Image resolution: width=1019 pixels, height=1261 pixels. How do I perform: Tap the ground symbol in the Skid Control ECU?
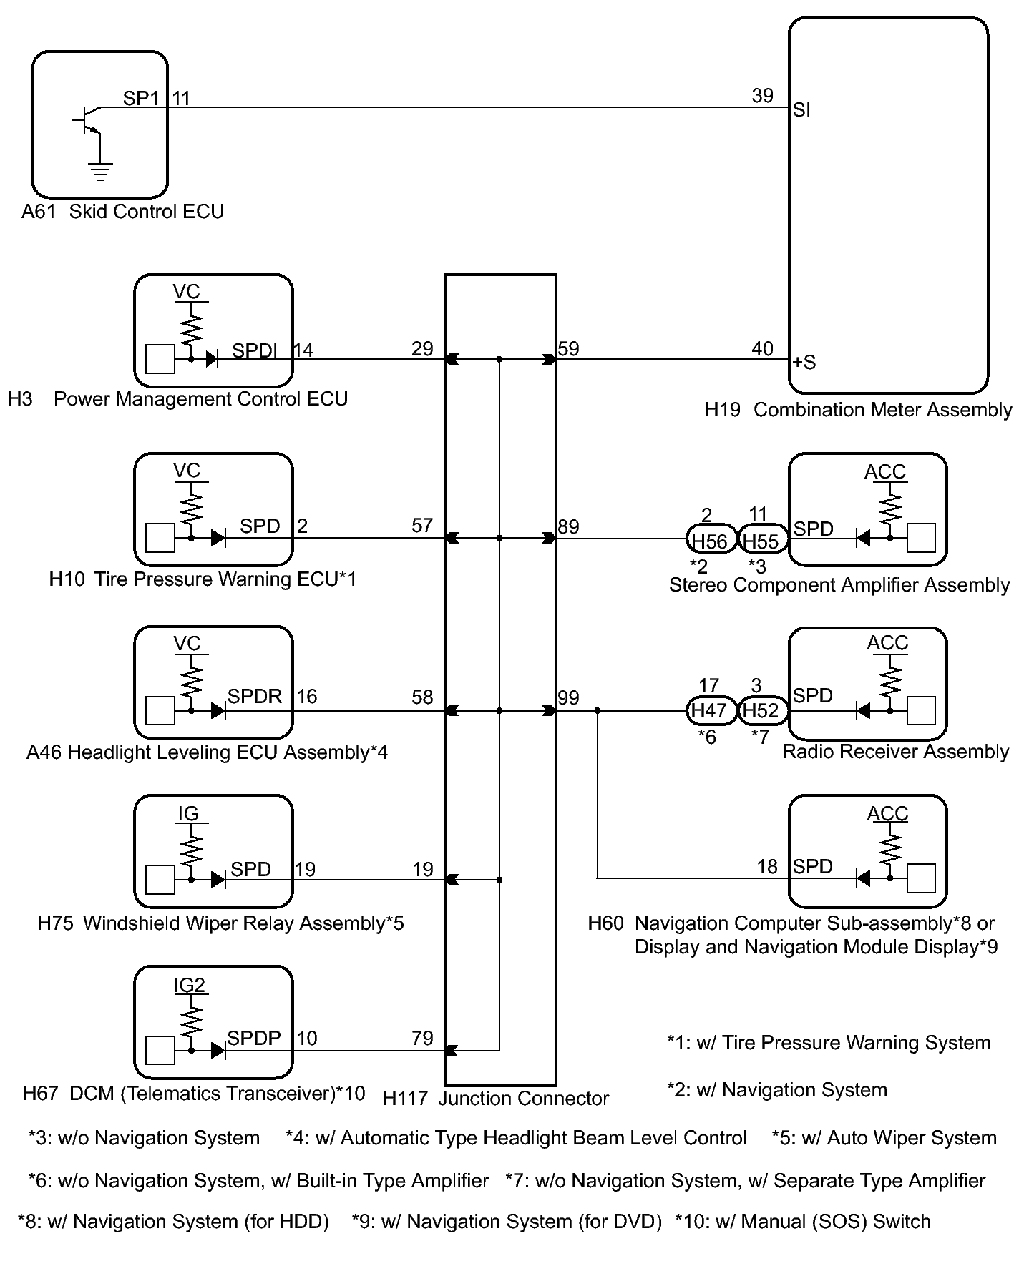(100, 171)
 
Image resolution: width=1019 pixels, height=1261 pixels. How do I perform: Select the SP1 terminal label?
(141, 98)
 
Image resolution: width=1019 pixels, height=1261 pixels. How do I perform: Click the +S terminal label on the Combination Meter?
(804, 362)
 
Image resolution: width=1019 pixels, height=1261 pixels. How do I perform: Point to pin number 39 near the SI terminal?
(762, 95)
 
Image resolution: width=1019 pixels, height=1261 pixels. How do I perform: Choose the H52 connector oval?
(762, 710)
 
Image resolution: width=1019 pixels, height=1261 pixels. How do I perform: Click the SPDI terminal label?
(254, 350)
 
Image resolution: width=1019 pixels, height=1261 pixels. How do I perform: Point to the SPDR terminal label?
(255, 696)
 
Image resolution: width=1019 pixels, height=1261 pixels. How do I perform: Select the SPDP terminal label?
(254, 1038)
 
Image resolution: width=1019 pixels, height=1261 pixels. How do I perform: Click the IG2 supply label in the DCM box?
(190, 985)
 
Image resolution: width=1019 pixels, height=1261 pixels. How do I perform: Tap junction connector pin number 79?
(422, 1038)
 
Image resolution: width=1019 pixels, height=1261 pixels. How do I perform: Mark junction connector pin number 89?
(568, 527)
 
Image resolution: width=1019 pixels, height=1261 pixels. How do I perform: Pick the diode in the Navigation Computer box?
(864, 878)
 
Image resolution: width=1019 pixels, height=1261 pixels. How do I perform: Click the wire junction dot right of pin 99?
(598, 711)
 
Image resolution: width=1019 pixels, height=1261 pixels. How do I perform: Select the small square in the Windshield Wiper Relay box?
(160, 880)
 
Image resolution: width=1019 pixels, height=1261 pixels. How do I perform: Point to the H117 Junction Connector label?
(496, 1099)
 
